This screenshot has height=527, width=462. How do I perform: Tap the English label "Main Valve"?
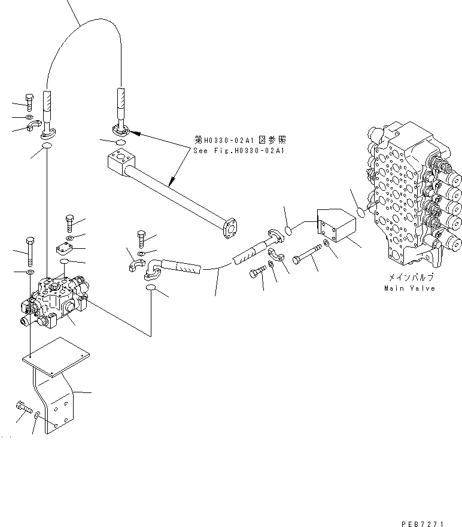point(409,288)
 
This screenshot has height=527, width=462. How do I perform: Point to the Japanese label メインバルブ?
point(409,278)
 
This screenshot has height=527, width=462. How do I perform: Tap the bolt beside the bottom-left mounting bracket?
point(23,407)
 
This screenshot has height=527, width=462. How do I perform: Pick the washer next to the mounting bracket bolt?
point(38,414)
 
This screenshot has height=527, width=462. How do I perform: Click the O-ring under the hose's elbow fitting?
point(151,290)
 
